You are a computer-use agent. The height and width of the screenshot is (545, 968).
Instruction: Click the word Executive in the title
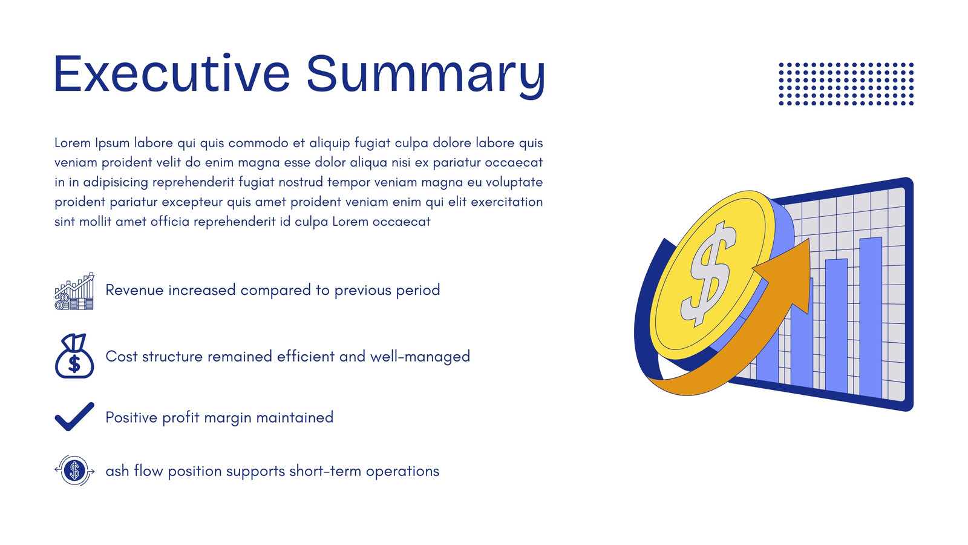point(172,73)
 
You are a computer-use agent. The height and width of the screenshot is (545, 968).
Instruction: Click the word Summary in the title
point(426,76)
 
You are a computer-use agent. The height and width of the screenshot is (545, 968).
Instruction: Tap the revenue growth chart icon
point(74,291)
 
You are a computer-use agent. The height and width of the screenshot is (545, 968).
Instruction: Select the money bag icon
point(74,355)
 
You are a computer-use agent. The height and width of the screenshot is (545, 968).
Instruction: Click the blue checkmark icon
point(74,417)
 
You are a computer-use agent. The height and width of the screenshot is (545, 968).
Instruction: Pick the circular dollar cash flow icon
point(74,470)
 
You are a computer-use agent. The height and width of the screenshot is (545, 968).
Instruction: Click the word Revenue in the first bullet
point(134,290)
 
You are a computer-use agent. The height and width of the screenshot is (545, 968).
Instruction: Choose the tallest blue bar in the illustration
point(871,317)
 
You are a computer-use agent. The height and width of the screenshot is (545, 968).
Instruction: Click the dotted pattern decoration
point(846,84)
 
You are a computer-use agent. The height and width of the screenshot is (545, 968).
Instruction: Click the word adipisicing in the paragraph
point(116,182)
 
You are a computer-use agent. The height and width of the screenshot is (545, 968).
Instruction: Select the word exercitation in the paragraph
point(506,202)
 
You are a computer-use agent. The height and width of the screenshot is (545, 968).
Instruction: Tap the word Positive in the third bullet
point(131,417)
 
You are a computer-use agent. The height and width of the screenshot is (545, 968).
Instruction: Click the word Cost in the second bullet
point(122,357)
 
